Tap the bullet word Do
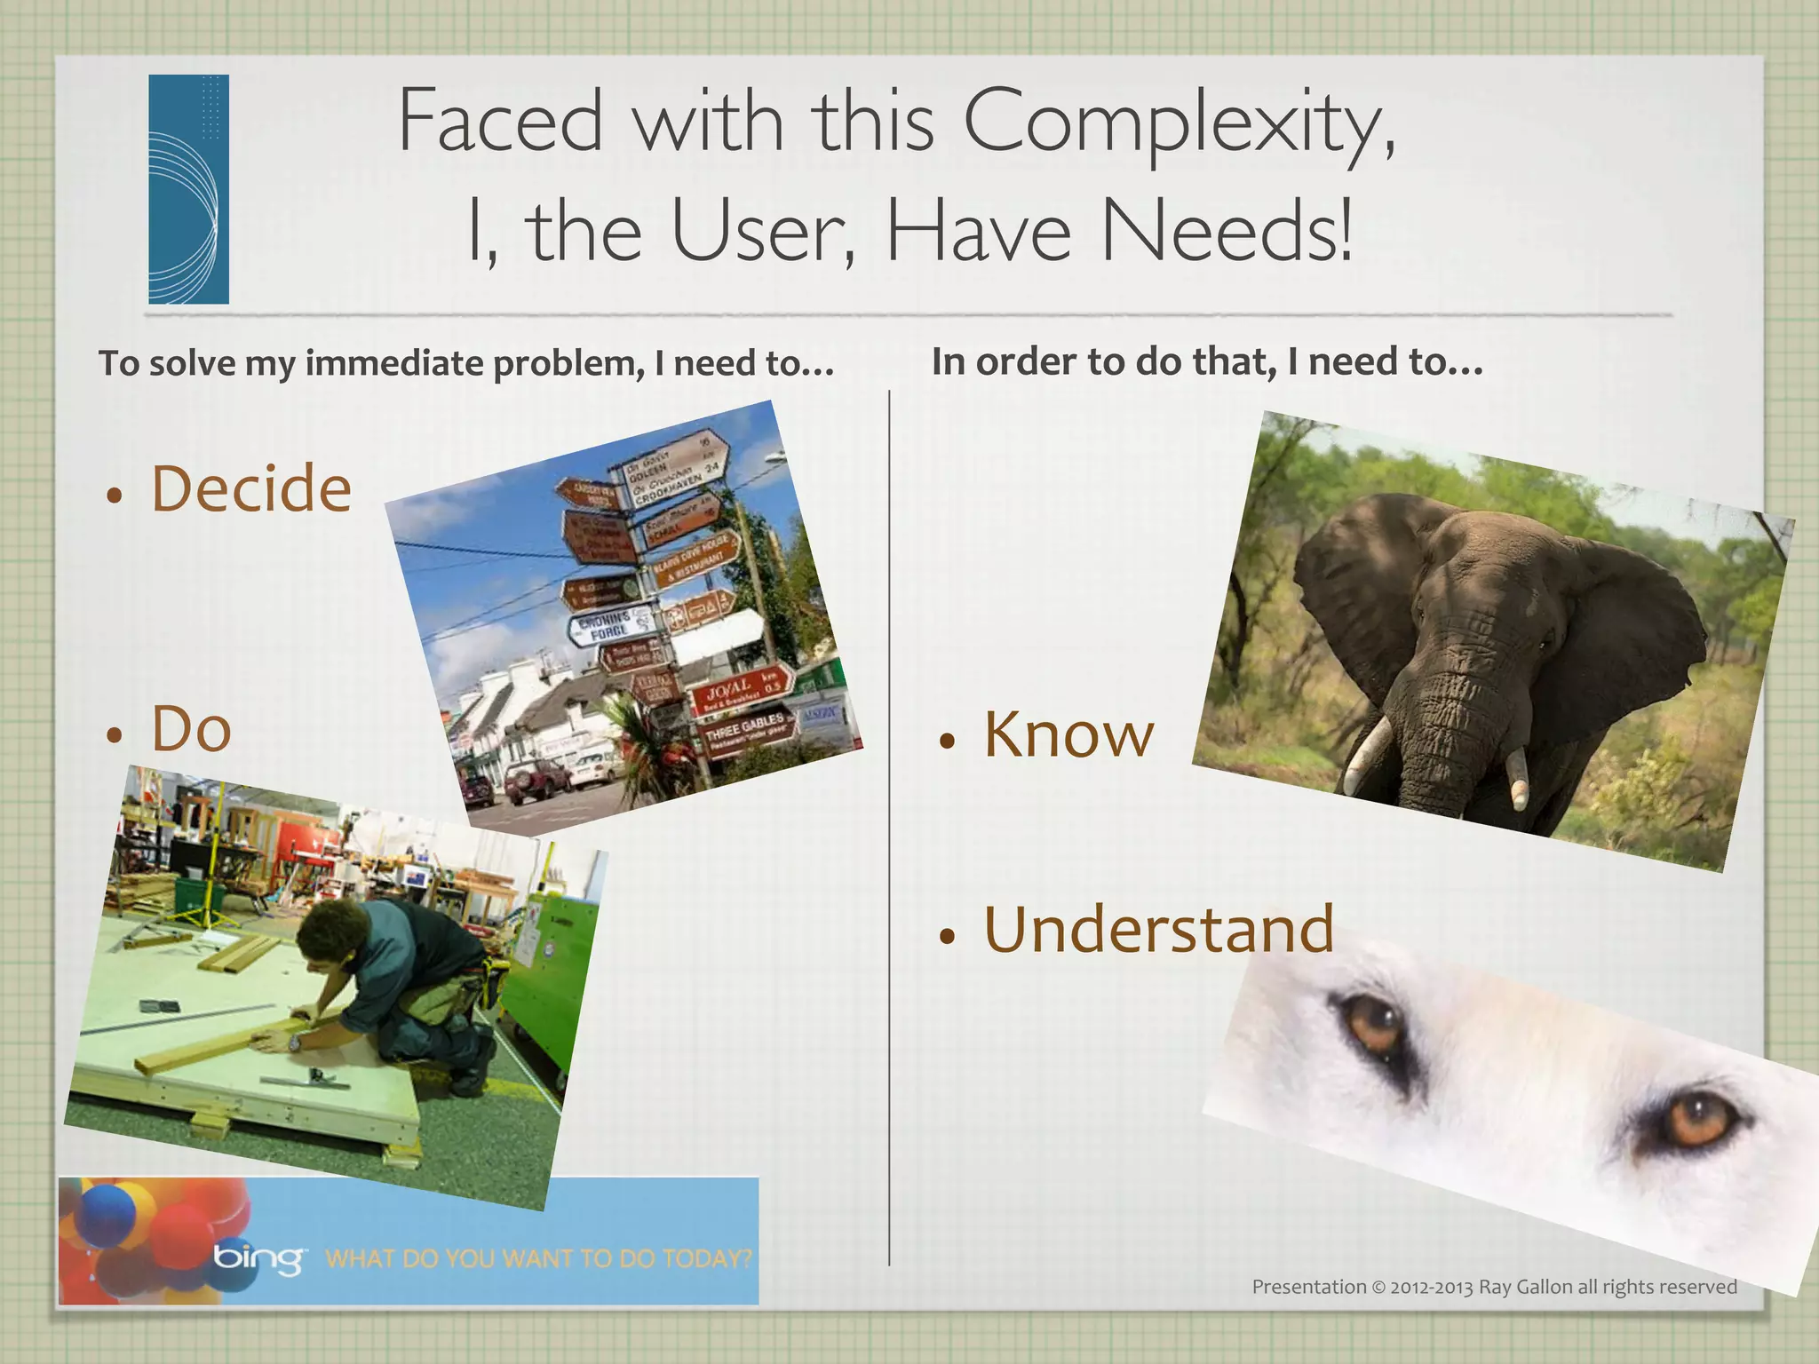(191, 729)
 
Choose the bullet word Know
(1068, 735)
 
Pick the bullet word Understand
(1158, 929)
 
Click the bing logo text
(258, 1257)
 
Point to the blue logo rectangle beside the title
(188, 189)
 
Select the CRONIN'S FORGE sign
(609, 625)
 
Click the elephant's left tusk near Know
(1368, 755)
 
